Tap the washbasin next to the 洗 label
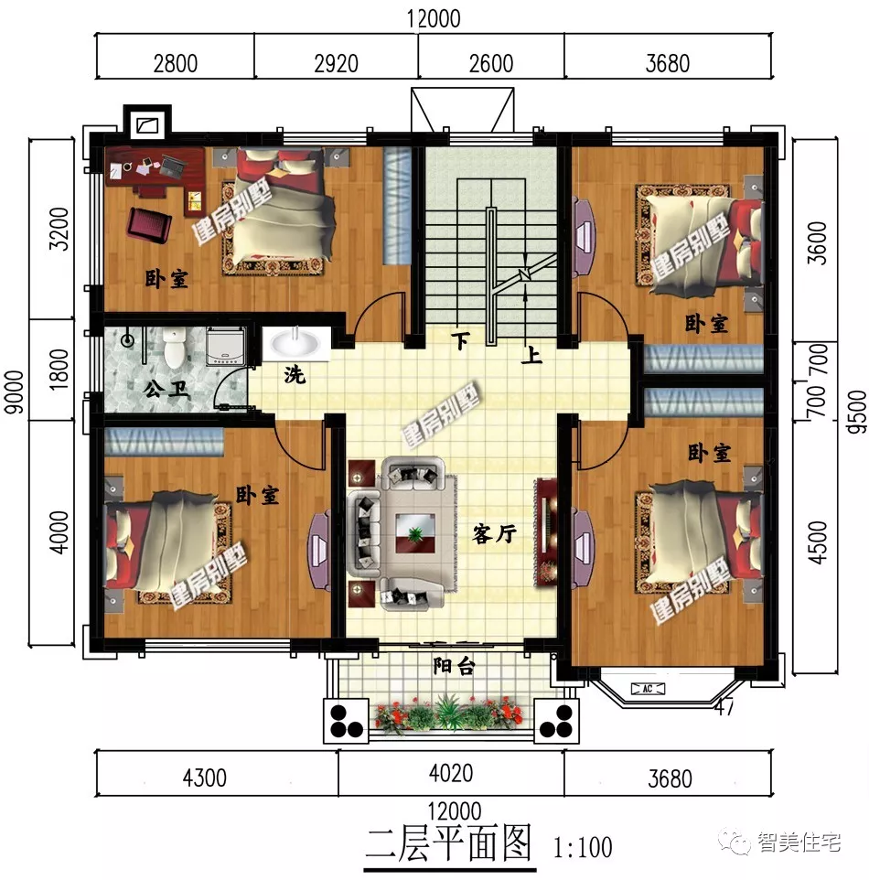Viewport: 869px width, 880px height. point(295,344)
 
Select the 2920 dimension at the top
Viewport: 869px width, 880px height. point(336,64)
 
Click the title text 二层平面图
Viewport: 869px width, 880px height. point(448,842)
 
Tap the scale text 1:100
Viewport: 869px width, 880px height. point(583,847)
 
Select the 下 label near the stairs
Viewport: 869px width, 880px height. point(462,341)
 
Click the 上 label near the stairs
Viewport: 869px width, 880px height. point(532,355)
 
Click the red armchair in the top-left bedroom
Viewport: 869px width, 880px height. point(149,224)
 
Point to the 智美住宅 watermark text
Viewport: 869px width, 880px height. point(799,842)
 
